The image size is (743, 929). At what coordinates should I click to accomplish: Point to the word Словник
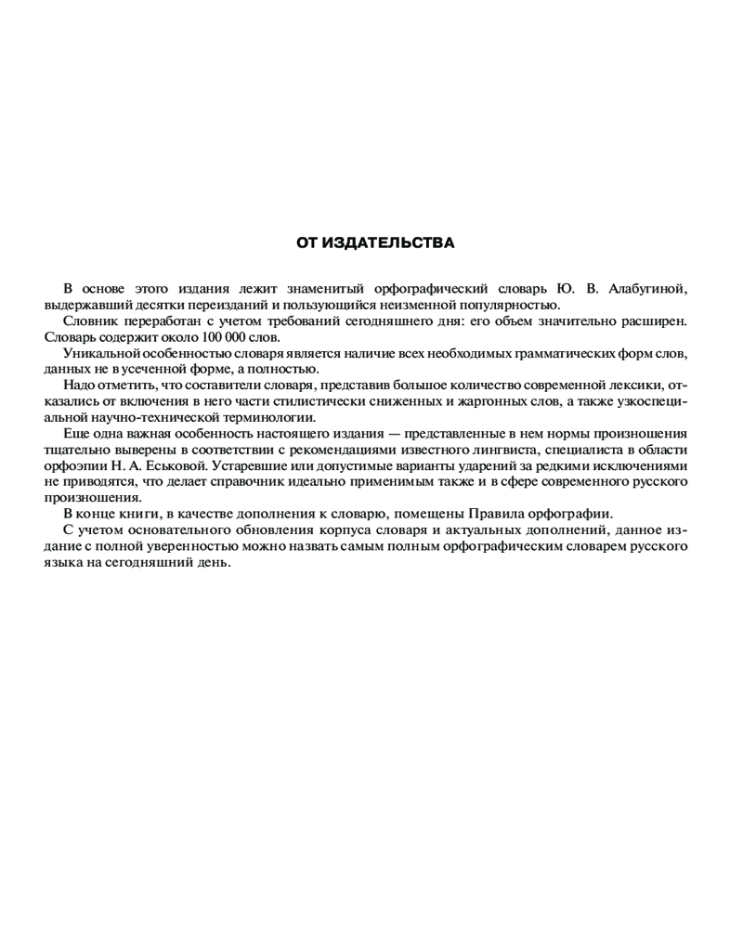87,321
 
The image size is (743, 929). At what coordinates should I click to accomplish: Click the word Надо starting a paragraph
79,385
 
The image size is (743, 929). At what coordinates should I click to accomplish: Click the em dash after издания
397,434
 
